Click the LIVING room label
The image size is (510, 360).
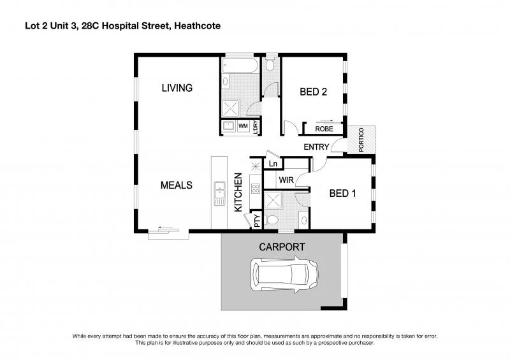[177, 88]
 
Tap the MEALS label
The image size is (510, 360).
[176, 185]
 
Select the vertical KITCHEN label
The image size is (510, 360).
[238, 192]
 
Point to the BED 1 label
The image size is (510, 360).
[342, 193]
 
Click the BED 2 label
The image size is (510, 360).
[313, 92]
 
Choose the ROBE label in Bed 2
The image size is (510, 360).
[324, 129]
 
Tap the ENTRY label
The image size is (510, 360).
[316, 147]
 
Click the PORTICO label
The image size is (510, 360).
[361, 140]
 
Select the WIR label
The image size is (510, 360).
[286, 180]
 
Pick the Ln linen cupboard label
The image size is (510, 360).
[273, 164]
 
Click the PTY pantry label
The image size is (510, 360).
[257, 221]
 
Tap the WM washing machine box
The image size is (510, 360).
[242, 126]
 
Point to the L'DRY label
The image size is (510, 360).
[255, 126]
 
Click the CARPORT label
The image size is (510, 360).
[281, 247]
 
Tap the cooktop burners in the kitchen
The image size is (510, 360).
[256, 188]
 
